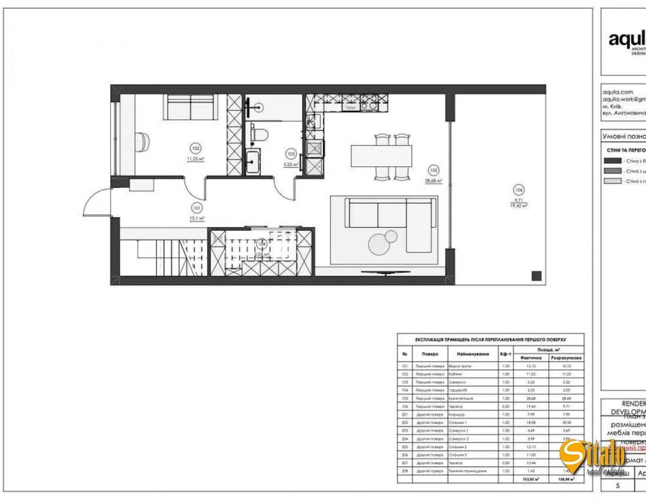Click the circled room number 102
tap(195, 148)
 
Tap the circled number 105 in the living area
tap(433, 170)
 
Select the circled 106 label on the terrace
tap(519, 190)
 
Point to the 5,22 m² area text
tap(291, 164)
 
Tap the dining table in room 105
tap(381, 156)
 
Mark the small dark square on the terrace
tap(536, 275)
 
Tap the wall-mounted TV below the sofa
tap(386, 273)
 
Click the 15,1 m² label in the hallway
tap(197, 219)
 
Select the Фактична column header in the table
tap(531, 357)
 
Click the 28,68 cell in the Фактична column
tap(531, 398)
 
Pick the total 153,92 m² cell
tap(531, 479)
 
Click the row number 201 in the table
tap(405, 415)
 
